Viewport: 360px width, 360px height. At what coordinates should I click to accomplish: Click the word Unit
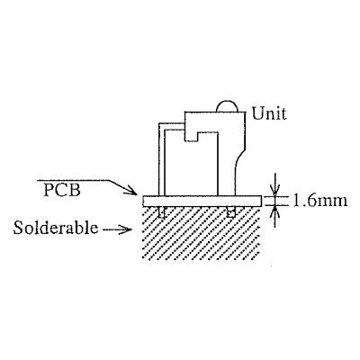click(x=269, y=113)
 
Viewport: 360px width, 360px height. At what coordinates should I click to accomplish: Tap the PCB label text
click(x=62, y=190)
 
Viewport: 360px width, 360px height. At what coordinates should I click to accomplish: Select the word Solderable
click(x=56, y=228)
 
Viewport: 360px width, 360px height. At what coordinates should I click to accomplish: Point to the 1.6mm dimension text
click(x=319, y=201)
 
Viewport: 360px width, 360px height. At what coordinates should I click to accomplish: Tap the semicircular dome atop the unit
click(x=227, y=107)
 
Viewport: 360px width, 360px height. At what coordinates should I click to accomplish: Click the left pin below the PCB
click(x=162, y=212)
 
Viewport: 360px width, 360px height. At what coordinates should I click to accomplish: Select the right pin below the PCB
click(x=230, y=211)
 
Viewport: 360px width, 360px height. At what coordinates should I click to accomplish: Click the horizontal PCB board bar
click(x=202, y=201)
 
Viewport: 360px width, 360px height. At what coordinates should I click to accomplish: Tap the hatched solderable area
click(x=201, y=234)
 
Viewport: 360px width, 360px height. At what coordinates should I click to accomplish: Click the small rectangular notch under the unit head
click(x=191, y=137)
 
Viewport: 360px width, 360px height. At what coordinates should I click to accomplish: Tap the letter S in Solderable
click(x=18, y=228)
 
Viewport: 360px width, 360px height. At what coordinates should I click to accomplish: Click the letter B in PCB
click(x=75, y=190)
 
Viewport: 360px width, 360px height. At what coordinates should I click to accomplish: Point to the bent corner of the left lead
click(x=160, y=124)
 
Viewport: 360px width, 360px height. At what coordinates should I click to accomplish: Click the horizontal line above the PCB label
click(x=73, y=180)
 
